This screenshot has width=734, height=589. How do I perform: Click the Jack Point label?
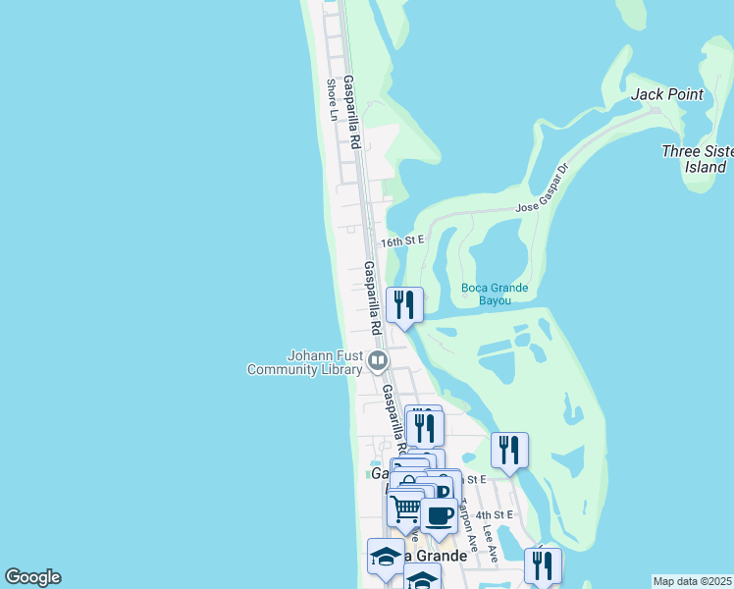[x=667, y=94]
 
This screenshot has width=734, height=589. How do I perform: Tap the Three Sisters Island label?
[x=696, y=159]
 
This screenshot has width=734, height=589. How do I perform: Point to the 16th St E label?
[x=402, y=241]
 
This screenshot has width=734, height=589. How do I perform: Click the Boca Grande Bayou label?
[x=495, y=294]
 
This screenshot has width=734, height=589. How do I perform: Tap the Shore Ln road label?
[x=333, y=99]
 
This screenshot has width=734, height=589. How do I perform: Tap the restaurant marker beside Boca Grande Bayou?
[x=404, y=305]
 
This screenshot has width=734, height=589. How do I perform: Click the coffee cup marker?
[x=439, y=515]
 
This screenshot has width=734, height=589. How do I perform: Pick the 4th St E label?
[x=495, y=514]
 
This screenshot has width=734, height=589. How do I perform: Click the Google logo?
[x=32, y=577]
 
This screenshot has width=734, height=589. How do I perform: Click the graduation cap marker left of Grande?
[x=385, y=557]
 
